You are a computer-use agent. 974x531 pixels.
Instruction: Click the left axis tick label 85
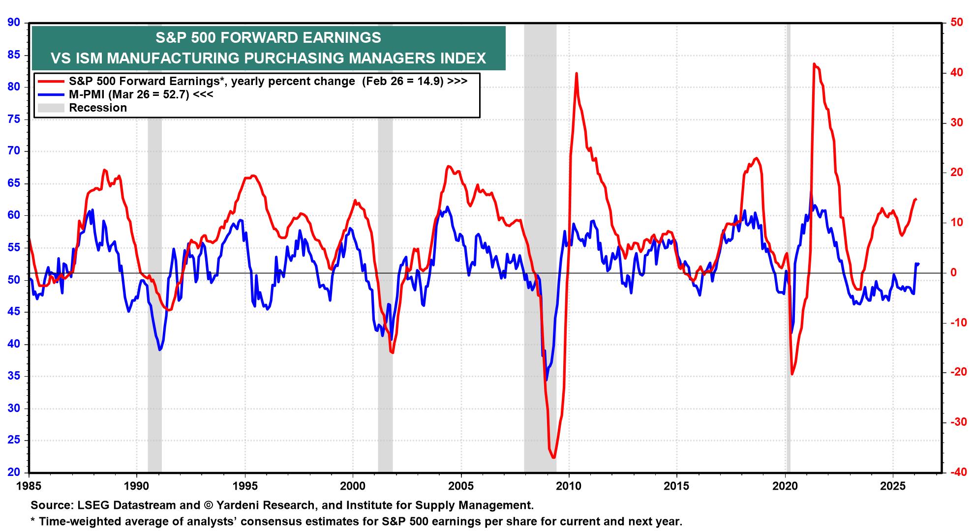pyautogui.click(x=14, y=55)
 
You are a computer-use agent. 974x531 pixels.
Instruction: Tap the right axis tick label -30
pyautogui.click(x=954, y=422)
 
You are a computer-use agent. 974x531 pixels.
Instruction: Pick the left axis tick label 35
pyautogui.click(x=14, y=377)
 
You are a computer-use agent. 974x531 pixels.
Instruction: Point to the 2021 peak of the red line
pyautogui.click(x=814, y=64)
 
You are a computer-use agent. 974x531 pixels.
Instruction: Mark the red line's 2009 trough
pyautogui.click(x=554, y=457)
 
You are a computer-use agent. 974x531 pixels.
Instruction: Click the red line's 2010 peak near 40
pyautogui.click(x=576, y=74)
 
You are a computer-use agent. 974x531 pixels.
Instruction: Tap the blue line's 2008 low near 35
pyautogui.click(x=546, y=380)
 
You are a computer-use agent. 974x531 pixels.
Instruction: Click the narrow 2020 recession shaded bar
pyautogui.click(x=788, y=246)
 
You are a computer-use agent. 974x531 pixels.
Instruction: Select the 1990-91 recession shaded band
pyautogui.click(x=154, y=246)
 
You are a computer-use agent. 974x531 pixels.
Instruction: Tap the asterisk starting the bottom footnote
pyautogui.click(x=33, y=521)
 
